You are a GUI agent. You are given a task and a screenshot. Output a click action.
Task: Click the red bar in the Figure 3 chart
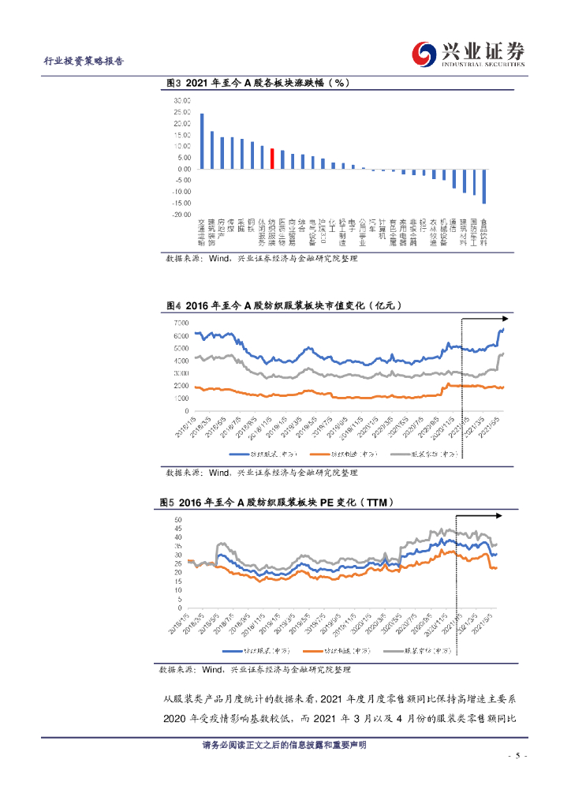tap(272, 159)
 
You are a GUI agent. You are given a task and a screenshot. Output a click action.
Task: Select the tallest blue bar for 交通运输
tap(202, 141)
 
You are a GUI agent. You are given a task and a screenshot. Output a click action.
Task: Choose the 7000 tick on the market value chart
tap(179, 324)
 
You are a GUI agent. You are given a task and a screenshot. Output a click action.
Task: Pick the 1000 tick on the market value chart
tap(179, 398)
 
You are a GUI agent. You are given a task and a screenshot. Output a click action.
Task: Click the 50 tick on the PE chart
tap(178, 519)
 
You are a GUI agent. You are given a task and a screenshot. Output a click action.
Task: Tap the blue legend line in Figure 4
tap(239, 454)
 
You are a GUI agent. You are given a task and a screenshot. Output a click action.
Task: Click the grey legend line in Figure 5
tap(392, 650)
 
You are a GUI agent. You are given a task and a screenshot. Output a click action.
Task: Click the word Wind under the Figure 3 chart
tap(218, 258)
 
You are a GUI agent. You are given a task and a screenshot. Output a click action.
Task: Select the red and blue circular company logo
tap(426, 54)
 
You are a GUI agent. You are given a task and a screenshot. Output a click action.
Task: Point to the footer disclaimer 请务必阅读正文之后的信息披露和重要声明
tap(285, 746)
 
